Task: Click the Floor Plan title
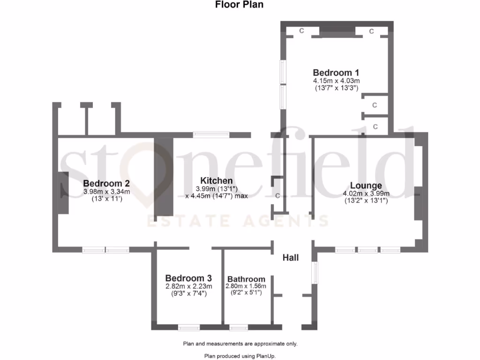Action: (x=240, y=5)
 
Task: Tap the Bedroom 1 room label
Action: (x=336, y=73)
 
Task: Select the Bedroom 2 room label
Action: (x=106, y=183)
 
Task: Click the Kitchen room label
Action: (x=216, y=180)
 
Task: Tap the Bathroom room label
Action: (x=246, y=279)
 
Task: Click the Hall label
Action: (x=291, y=258)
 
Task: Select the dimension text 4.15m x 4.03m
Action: (x=336, y=81)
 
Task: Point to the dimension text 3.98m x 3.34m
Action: (x=106, y=191)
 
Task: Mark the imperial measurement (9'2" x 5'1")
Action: (x=246, y=293)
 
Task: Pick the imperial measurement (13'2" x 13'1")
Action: (x=366, y=201)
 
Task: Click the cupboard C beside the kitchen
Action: (x=277, y=196)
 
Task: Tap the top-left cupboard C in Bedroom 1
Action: (x=302, y=31)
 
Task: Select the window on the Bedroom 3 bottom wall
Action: (x=189, y=327)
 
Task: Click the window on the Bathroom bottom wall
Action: (x=238, y=327)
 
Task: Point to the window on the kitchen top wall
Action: (x=211, y=135)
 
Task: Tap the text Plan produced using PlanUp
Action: (x=240, y=356)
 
